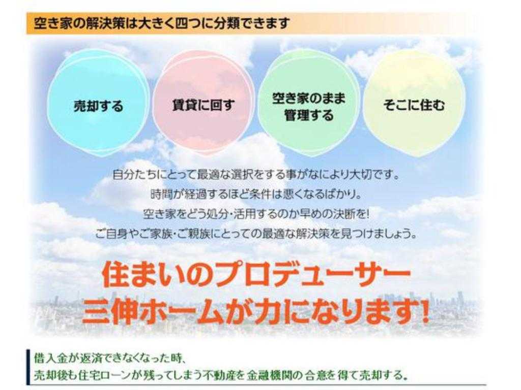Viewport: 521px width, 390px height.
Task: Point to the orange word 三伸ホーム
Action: click(x=152, y=312)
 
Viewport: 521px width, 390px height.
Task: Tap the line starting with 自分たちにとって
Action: click(x=256, y=175)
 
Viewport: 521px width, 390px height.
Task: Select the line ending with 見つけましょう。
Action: click(x=256, y=234)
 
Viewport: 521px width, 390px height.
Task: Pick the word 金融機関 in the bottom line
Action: click(x=269, y=375)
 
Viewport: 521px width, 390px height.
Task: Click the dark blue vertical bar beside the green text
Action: click(x=28, y=367)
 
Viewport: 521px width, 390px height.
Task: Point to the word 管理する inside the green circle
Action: click(x=309, y=115)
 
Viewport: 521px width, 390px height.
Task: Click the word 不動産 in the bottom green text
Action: click(x=224, y=375)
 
